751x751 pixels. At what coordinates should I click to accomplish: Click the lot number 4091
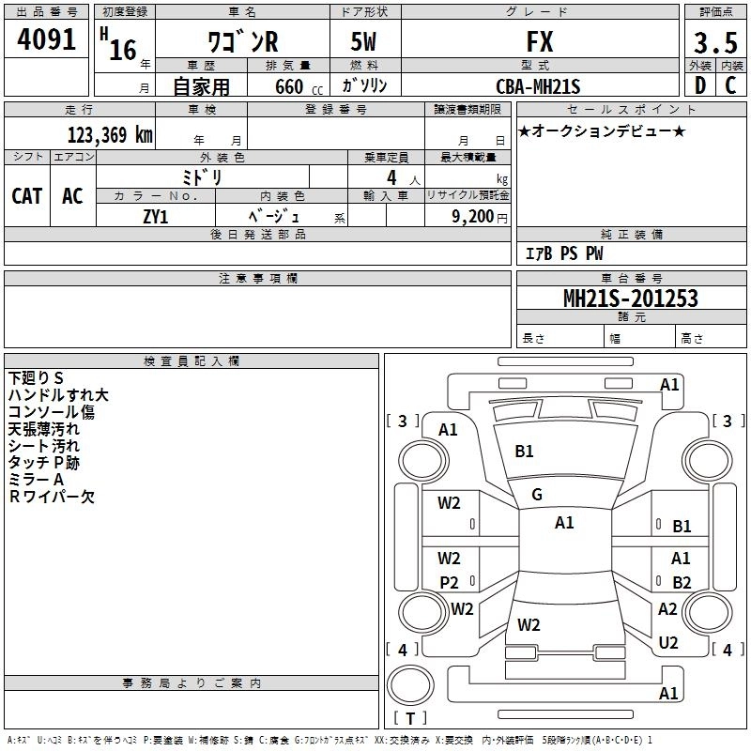point(46,39)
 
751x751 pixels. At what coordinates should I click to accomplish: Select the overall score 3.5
point(715,42)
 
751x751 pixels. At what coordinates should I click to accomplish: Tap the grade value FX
point(540,41)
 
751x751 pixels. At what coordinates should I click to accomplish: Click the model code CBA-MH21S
point(538,86)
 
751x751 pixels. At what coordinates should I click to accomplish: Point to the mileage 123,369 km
point(110,135)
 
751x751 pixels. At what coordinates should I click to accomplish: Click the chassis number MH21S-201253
point(631,299)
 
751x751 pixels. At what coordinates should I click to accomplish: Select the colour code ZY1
point(156,217)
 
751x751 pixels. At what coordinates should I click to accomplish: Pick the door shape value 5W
point(363,41)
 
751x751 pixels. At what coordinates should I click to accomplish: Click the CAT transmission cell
point(27,196)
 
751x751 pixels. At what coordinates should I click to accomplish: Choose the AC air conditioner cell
point(72,196)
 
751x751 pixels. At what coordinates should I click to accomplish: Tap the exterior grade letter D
point(700,85)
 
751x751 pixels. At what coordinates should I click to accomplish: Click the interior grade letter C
point(730,85)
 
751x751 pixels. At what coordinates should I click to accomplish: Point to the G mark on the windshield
point(537,495)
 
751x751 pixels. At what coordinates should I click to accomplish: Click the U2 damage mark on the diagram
point(668,642)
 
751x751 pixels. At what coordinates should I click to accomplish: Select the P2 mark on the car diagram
point(450,582)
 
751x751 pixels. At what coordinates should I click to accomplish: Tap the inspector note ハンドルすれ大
point(58,395)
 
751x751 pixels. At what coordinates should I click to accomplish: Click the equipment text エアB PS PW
point(564,253)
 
